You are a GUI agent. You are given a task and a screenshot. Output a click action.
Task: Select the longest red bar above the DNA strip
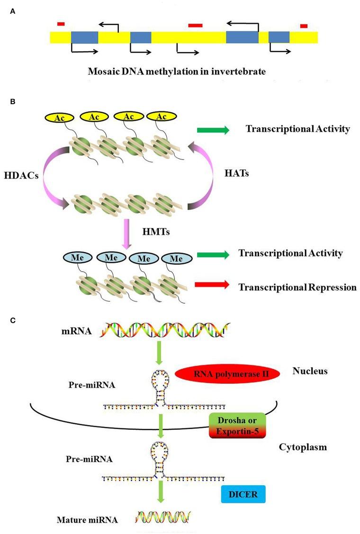coord(195,25)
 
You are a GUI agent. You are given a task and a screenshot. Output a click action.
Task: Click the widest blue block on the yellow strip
coord(242,37)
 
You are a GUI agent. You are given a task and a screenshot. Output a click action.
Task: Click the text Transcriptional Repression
coord(297,287)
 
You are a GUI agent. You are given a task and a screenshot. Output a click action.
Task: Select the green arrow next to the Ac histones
coord(213,130)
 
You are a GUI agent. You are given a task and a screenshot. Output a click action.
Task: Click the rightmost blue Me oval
coord(176,258)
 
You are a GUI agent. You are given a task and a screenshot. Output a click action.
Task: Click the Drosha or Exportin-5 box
coord(238,425)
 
